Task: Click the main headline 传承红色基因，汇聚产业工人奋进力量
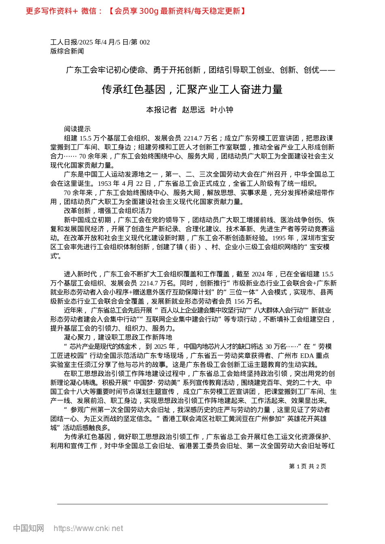click(192, 89)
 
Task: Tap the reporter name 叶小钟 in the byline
click(222, 110)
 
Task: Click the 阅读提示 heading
click(77, 129)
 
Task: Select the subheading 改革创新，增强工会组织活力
click(108, 210)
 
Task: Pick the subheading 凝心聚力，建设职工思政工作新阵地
click(118, 337)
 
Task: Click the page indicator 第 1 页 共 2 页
click(308, 466)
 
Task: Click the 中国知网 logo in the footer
click(28, 528)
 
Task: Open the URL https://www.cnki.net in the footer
click(88, 528)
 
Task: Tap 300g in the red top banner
click(148, 11)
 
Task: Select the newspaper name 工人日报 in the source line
click(64, 42)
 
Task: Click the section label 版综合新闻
click(67, 51)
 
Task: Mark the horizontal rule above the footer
click(192, 504)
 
